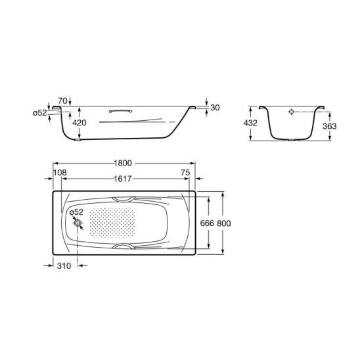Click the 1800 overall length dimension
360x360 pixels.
pos(123,163)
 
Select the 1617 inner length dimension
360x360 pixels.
pos(123,179)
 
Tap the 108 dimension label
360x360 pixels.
pos(60,172)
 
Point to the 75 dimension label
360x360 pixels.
pos(185,172)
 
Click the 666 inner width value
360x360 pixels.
pos(207,223)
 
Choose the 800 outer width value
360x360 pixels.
pos(224,223)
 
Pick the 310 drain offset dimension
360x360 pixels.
pos(64,265)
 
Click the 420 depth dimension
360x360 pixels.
pos(79,123)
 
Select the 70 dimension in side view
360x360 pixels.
pos(62,101)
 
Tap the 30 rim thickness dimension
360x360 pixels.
pos(215,108)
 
